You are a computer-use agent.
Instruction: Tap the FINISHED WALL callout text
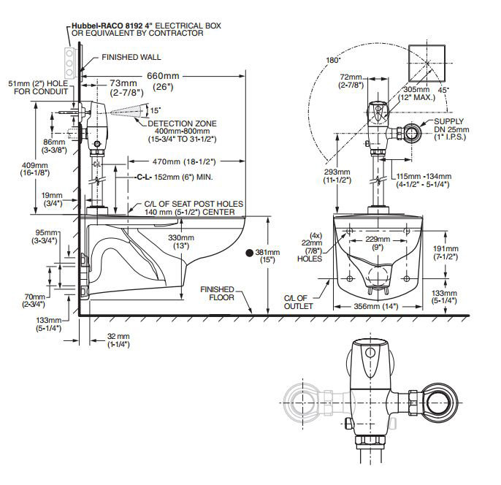pyautogui.click(x=131, y=56)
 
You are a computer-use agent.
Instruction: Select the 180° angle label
pyautogui.click(x=313, y=61)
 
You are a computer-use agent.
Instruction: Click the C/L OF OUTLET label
pyautogui.click(x=298, y=302)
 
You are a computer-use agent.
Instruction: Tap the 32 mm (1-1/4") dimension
pyautogui.click(x=117, y=340)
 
